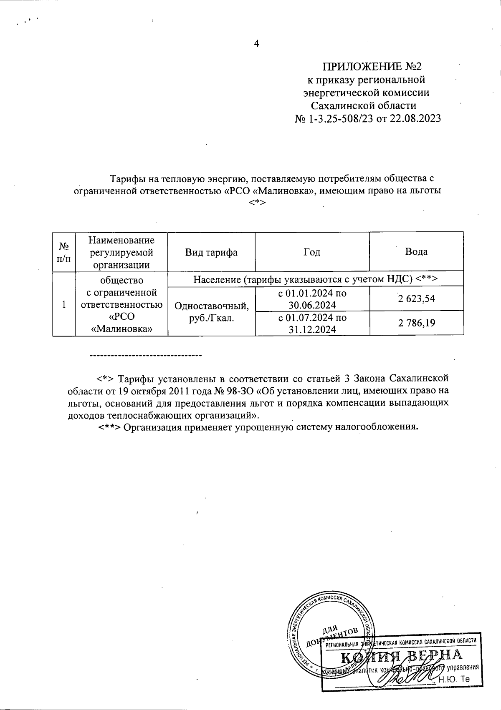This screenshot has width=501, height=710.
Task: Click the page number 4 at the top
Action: [x=257, y=43]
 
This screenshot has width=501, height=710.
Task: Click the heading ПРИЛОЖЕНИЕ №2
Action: [x=373, y=67]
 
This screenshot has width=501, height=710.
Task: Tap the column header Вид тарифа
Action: [x=211, y=252]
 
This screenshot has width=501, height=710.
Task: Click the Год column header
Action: [x=312, y=252]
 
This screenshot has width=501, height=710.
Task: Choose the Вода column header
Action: [x=416, y=252]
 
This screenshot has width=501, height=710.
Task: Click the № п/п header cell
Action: [x=63, y=252]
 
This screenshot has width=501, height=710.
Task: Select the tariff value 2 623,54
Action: [x=416, y=299]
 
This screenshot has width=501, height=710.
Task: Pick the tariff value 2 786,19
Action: [x=416, y=322]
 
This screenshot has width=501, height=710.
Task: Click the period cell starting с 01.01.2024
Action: [x=312, y=299]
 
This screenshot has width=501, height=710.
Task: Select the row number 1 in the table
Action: [x=63, y=305]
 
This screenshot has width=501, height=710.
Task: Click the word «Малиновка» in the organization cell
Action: [x=121, y=329]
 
